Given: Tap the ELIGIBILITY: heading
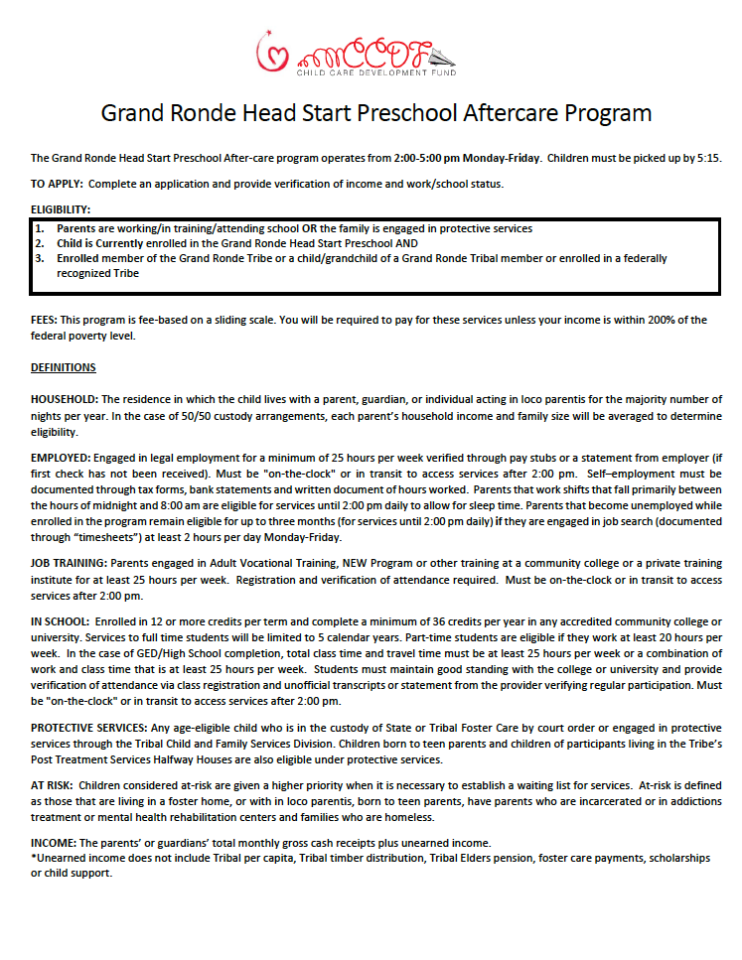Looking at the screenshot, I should pos(61,209).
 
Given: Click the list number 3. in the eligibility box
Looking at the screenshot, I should pos(40,258).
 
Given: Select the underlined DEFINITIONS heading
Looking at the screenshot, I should pos(64,367).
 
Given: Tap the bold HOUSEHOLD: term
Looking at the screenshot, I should pos(65,399).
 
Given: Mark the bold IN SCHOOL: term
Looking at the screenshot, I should pos(61,620).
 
